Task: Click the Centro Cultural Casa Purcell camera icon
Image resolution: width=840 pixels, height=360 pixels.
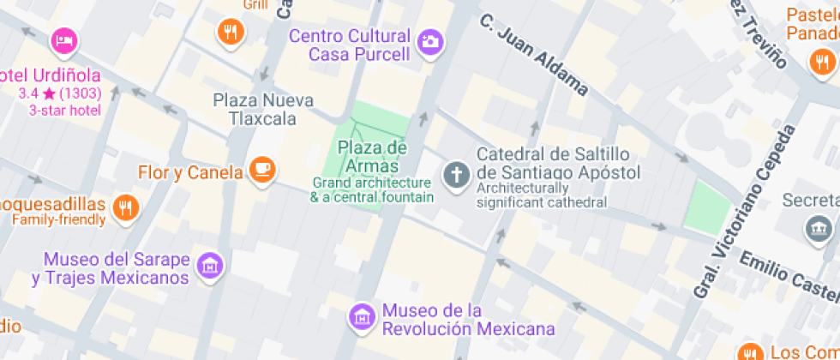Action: (x=430, y=40)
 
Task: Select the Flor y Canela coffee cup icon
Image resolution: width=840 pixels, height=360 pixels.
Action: (x=262, y=170)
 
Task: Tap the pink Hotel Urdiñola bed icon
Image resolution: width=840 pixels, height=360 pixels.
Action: (x=64, y=39)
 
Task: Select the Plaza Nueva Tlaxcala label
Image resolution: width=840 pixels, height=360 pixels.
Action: (x=262, y=109)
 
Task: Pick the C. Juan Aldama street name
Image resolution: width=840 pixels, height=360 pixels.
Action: (x=533, y=54)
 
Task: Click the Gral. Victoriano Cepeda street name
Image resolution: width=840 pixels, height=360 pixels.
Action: (x=744, y=211)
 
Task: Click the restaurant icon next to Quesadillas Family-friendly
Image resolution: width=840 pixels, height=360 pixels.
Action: (x=125, y=207)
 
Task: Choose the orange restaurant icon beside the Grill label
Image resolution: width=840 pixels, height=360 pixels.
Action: (x=231, y=33)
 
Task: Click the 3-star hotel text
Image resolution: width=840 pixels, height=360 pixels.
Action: (x=65, y=111)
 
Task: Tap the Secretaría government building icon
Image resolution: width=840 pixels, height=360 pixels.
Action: (x=819, y=227)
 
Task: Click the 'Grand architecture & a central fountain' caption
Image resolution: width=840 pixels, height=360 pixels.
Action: (x=372, y=190)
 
